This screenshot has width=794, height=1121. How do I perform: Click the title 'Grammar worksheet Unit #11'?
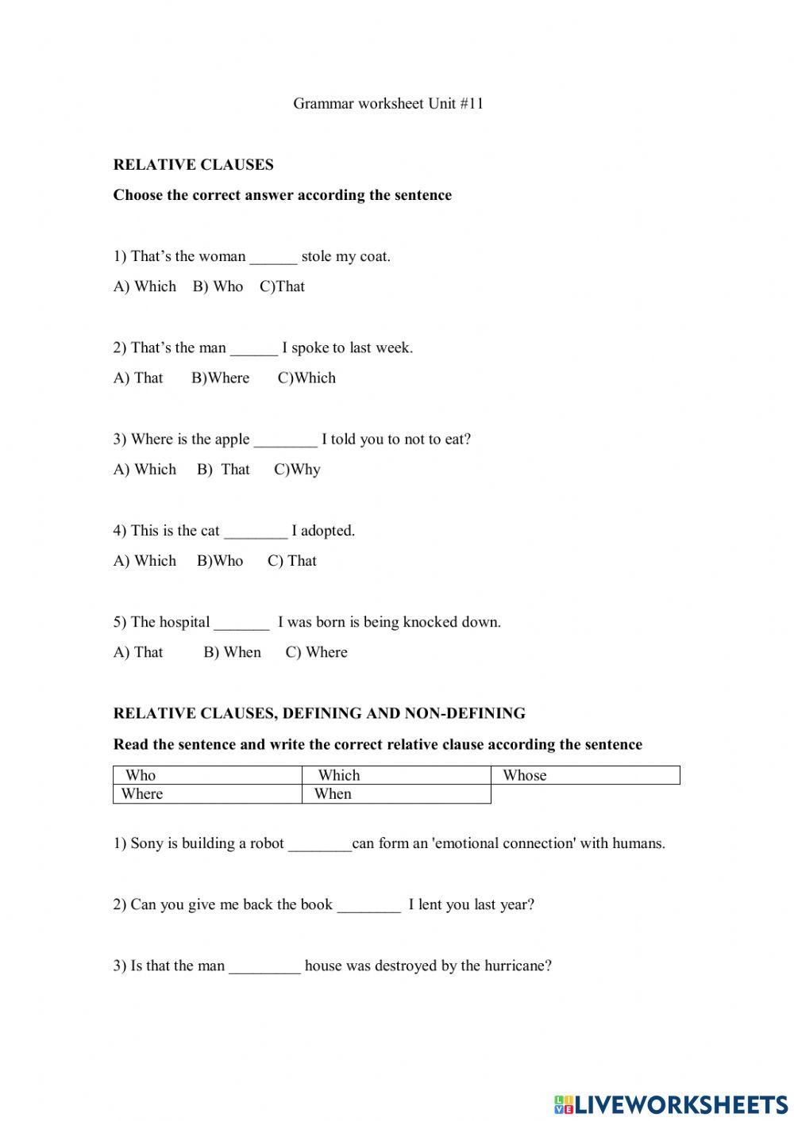[x=388, y=104]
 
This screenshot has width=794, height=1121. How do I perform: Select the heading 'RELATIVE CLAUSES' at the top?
[x=193, y=165]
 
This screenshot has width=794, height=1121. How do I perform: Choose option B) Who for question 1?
[x=218, y=286]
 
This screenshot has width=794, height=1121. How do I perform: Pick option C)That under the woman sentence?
[x=282, y=286]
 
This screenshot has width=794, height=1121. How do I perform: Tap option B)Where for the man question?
[x=220, y=378]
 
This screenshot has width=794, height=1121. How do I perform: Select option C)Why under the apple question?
[x=297, y=470]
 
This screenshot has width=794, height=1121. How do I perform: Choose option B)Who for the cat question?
[x=220, y=561]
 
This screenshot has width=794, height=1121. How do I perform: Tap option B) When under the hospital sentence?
[x=232, y=652]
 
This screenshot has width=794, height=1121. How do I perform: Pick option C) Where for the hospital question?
[x=316, y=652]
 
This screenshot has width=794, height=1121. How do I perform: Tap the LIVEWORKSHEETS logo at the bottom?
[x=671, y=1104]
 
